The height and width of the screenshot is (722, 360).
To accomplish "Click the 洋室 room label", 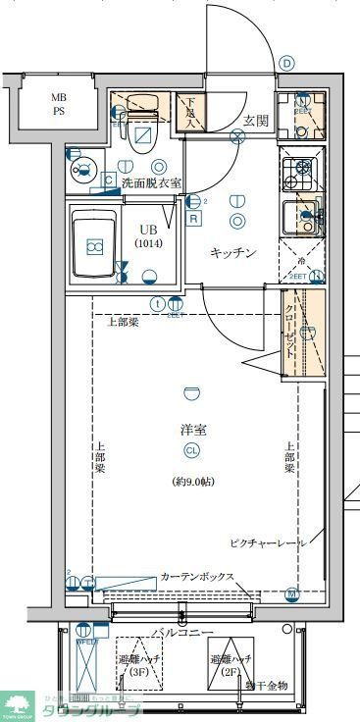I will coord(192,430).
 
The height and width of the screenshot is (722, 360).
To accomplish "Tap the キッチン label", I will coord(233,253).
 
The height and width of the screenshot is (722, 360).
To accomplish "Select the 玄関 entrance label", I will coord(256,121).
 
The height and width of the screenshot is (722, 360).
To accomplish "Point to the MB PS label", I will coord(60,104).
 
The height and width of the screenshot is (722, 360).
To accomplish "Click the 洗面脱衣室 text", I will coord(151,182).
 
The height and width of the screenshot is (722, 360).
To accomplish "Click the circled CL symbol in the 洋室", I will coord(192,450).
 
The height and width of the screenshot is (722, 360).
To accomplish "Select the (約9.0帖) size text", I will coord(192,482).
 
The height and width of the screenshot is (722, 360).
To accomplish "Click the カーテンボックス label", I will coord(197,577).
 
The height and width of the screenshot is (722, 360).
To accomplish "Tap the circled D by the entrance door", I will coord(286,63).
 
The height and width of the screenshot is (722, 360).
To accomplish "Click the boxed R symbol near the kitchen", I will coord(194,219).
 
